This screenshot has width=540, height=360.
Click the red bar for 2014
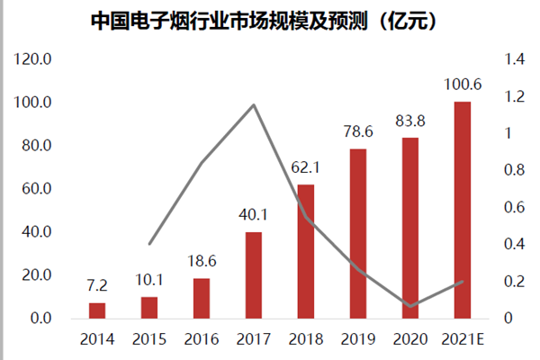(96, 310)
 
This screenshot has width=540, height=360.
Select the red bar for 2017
(254, 275)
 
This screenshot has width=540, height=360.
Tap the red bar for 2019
(358, 234)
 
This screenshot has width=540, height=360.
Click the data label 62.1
(306, 168)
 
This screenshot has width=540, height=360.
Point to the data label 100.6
(463, 85)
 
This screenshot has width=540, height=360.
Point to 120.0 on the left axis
(35, 59)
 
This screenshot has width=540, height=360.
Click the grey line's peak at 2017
(254, 105)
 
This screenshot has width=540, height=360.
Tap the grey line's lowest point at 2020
(410, 306)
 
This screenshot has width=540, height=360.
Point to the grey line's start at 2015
(149, 244)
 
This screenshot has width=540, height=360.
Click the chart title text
(270, 20)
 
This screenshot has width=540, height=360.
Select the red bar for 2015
(149, 307)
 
